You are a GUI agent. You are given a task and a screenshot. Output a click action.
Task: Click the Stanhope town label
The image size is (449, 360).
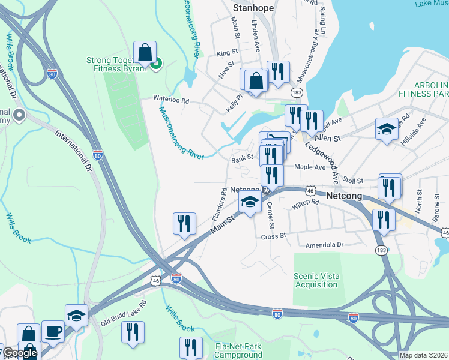pos(252,8)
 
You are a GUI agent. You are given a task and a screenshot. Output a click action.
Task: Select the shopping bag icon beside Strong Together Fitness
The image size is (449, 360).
pos(145,53)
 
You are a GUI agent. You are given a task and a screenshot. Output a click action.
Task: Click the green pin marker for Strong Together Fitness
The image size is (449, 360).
pos(157,63)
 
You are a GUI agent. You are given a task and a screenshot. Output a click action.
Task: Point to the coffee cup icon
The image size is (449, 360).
pos(53,332)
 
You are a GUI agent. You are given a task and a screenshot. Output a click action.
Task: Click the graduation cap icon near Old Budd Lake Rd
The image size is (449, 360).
pos(77,316)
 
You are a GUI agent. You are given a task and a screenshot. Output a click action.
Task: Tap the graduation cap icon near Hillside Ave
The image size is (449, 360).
pos(387,129)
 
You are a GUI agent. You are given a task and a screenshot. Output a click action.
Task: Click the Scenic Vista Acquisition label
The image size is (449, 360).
pos(316,280)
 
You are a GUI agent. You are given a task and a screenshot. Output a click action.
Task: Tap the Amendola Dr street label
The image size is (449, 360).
pos(324,245)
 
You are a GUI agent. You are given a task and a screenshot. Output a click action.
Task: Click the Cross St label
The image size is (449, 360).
pos(274,236)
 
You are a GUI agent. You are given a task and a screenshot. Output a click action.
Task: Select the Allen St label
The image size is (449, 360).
pos(328,138)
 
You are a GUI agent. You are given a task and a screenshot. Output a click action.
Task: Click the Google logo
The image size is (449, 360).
pos(20,353)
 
